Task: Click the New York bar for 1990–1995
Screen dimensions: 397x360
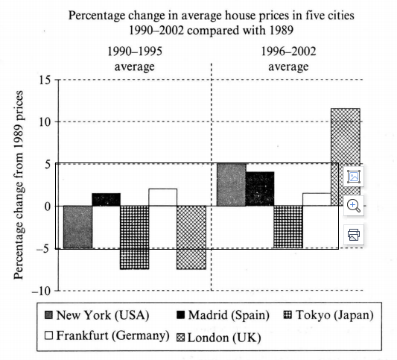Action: pyautogui.click(x=77, y=227)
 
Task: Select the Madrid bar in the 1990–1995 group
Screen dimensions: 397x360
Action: pyautogui.click(x=106, y=200)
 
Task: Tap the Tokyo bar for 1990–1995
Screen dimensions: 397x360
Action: pyautogui.click(x=135, y=237)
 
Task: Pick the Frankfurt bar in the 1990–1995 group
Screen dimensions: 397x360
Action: pyautogui.click(x=163, y=198)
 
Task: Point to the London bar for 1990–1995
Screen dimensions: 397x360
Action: pyautogui.click(x=191, y=237)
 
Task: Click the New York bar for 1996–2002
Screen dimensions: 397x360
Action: pyautogui.click(x=232, y=185)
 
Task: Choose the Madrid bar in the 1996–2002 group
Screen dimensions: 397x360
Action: pyautogui.click(x=260, y=189)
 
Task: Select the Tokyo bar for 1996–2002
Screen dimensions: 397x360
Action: pyautogui.click(x=288, y=227)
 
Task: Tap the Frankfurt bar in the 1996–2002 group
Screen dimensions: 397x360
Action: pyautogui.click(x=317, y=200)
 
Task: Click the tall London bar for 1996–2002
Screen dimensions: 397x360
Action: pyautogui.click(x=346, y=157)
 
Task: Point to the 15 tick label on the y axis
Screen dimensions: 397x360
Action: pyautogui.click(x=45, y=80)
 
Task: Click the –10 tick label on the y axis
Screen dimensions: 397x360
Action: pyautogui.click(x=41, y=291)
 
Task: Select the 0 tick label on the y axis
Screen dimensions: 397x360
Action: pyautogui.click(x=48, y=206)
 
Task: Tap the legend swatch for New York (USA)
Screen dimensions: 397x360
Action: pyautogui.click(x=48, y=315)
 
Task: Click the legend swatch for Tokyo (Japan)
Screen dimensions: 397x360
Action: pyautogui.click(x=288, y=315)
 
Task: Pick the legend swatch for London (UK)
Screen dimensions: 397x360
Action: pyautogui.click(x=180, y=338)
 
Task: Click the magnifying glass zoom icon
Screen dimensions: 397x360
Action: pyautogui.click(x=354, y=206)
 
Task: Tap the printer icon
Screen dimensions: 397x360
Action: pyautogui.click(x=354, y=235)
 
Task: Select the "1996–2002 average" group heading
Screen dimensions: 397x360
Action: pyautogui.click(x=289, y=59)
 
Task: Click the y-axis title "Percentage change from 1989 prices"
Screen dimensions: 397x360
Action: pyautogui.click(x=19, y=185)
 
